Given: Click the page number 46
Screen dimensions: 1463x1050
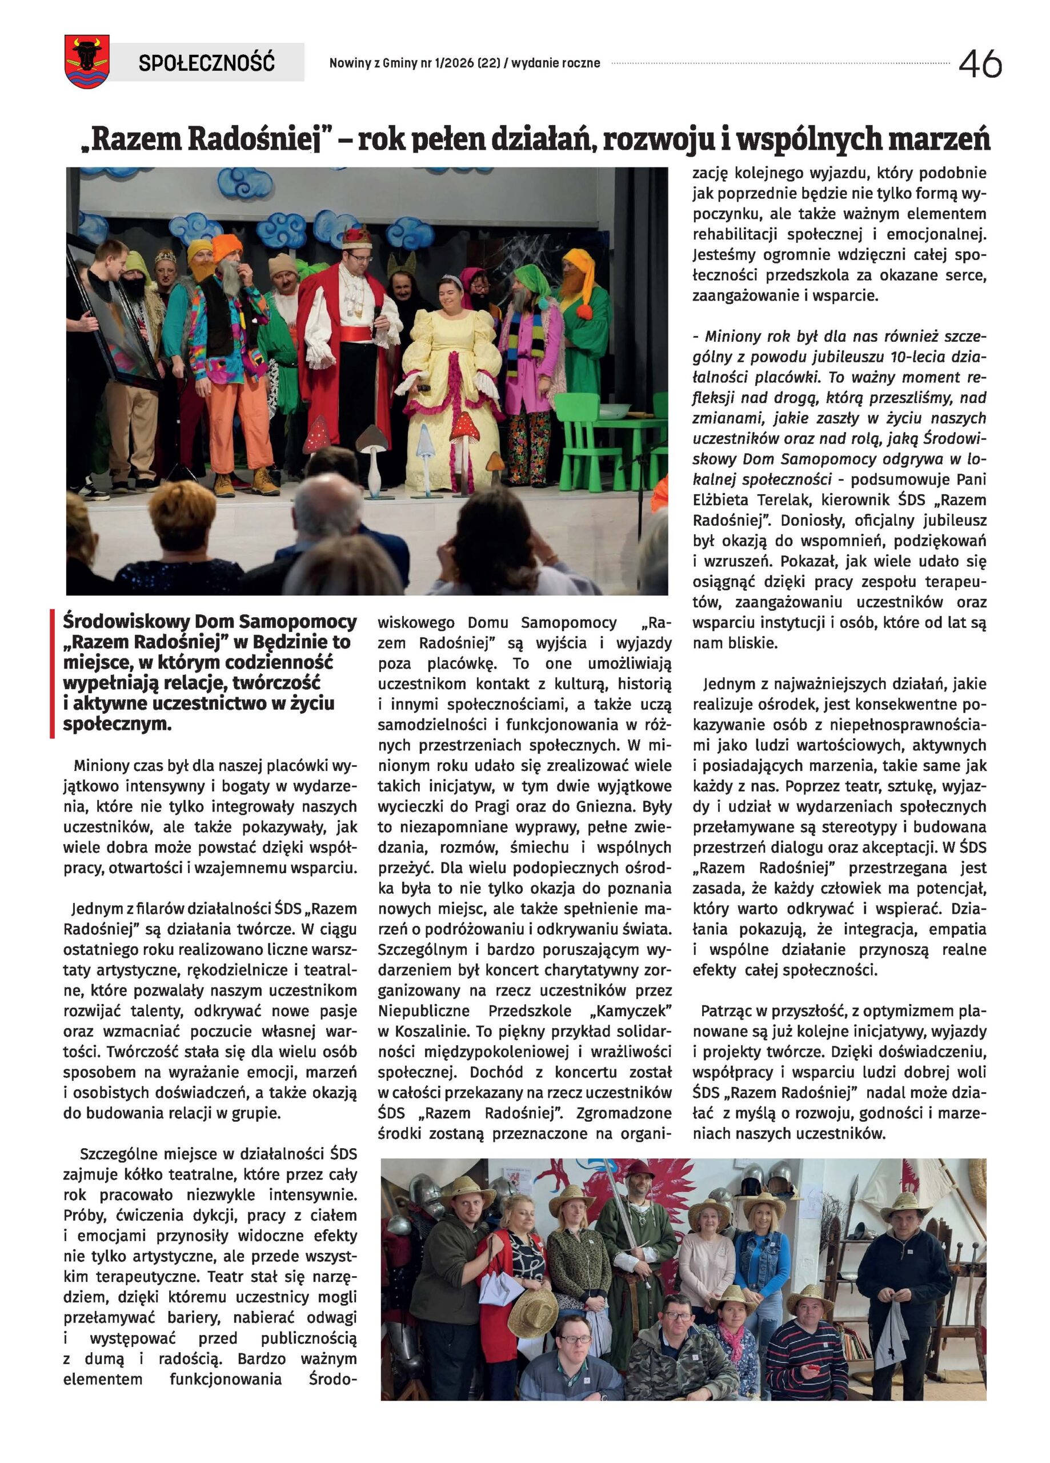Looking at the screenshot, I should pyautogui.click(x=980, y=64).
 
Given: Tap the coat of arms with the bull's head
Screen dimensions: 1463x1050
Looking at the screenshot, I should pyautogui.click(x=86, y=62).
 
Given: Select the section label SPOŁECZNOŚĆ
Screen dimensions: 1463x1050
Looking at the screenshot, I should pyautogui.click(x=206, y=62).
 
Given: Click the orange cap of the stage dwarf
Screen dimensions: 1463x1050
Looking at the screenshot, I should pyautogui.click(x=228, y=246).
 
